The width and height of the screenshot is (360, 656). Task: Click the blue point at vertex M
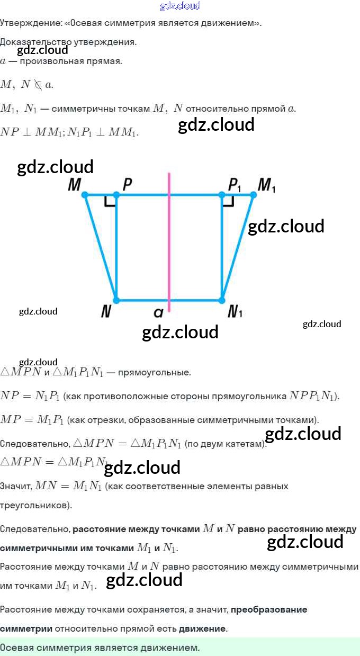tap(85, 195)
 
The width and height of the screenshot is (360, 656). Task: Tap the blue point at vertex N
tap(116, 300)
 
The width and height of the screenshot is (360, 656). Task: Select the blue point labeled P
tap(116, 195)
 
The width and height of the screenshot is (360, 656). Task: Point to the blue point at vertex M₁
tap(253, 195)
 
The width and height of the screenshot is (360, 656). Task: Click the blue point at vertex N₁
tap(222, 300)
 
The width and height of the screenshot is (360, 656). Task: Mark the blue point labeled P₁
tap(222, 195)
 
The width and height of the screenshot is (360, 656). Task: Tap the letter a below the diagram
tap(158, 313)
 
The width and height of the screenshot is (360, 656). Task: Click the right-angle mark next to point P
tap(110, 201)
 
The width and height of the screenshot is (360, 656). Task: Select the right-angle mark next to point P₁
tap(229, 201)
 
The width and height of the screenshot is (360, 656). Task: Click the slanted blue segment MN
tap(101, 248)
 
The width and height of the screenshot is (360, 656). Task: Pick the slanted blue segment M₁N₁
tap(238, 248)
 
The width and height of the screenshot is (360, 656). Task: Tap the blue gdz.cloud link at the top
tap(180, 6)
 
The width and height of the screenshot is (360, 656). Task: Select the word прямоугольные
tap(154, 372)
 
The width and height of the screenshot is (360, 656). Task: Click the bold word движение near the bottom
tap(203, 628)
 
